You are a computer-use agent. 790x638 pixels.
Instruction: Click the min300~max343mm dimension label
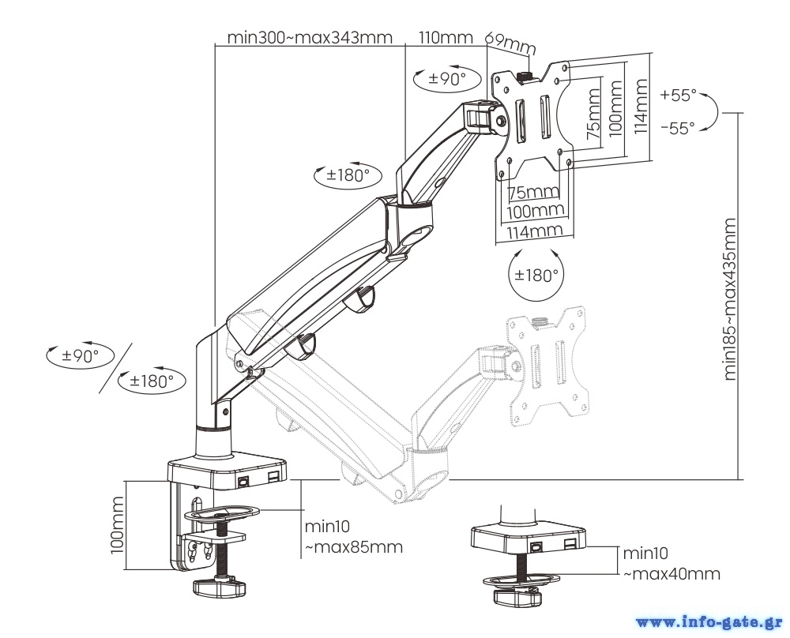pyautogui.click(x=309, y=37)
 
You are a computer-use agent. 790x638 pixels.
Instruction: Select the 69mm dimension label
pyautogui.click(x=510, y=42)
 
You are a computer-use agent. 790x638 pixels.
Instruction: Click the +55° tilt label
pyautogui.click(x=679, y=95)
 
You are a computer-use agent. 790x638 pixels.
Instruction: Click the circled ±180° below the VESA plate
pyautogui.click(x=536, y=275)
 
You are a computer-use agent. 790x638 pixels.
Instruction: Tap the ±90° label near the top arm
pyautogui.click(x=447, y=78)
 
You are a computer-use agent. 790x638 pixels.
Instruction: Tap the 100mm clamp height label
pyautogui.click(x=117, y=525)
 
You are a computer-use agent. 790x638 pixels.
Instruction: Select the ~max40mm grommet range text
pyautogui.click(x=671, y=574)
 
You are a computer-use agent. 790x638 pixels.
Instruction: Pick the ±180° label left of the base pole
pyautogui.click(x=151, y=381)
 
